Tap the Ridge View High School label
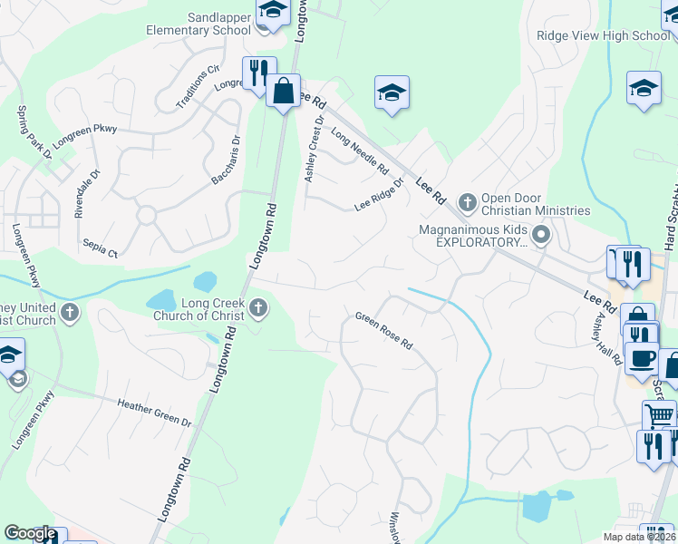pyautogui.click(x=602, y=35)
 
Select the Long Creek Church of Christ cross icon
pyautogui.click(x=259, y=309)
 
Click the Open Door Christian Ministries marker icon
pyautogui.click(x=468, y=200)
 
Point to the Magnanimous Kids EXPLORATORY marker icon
pyautogui.click(x=542, y=238)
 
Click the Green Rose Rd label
pyautogui.click(x=383, y=331)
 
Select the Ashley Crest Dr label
pyautogui.click(x=315, y=148)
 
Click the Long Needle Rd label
pyautogui.click(x=359, y=151)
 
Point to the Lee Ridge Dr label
pyautogui.click(x=378, y=194)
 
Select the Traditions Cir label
pyautogui.click(x=199, y=86)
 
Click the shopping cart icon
pyautogui.click(x=659, y=415)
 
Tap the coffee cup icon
pyautogui.click(x=642, y=357)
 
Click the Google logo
pyautogui.click(x=30, y=533)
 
